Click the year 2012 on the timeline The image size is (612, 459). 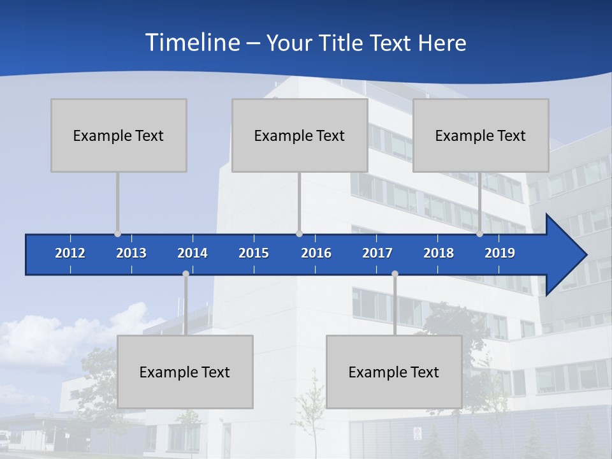click(x=70, y=253)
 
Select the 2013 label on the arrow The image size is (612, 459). click(x=131, y=253)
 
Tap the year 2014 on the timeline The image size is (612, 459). click(x=193, y=253)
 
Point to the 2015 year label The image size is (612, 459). click(x=254, y=253)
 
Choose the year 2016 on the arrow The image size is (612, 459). click(x=316, y=253)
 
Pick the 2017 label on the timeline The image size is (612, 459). click(x=377, y=253)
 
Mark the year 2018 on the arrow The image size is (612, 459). click(x=439, y=253)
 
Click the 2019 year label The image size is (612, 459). click(x=500, y=253)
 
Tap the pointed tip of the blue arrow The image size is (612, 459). click(x=585, y=255)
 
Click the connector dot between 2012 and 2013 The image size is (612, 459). click(x=117, y=234)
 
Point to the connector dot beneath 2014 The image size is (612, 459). click(x=186, y=274)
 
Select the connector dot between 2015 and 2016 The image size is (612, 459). click(x=299, y=234)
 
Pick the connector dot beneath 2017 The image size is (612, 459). click(x=395, y=274)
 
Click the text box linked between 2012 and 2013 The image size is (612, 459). click(x=119, y=135)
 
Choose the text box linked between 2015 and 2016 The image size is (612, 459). click(x=300, y=135)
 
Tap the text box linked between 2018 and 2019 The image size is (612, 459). click(x=481, y=135)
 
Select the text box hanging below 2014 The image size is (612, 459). click(x=185, y=372)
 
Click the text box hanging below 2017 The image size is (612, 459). click(x=394, y=372)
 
